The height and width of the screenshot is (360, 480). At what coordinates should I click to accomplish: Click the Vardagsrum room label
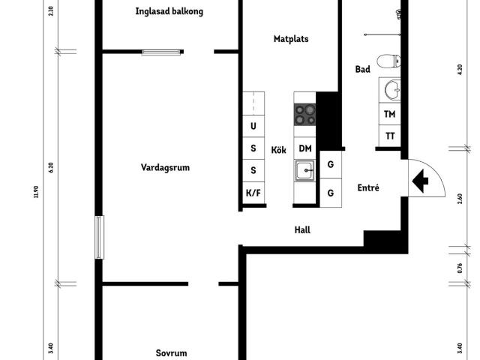165,168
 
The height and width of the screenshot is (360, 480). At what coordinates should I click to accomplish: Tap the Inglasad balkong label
169,12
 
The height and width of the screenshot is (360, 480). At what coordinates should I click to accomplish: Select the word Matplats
291,39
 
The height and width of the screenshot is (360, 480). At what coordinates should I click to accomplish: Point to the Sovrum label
171,352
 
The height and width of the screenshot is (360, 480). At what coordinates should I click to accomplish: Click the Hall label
302,230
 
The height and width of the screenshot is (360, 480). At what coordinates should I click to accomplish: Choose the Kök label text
279,150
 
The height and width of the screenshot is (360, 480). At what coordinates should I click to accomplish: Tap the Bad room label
363,69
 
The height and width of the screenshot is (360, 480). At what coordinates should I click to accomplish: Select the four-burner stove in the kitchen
304,114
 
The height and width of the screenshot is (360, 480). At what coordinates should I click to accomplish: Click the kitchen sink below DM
304,172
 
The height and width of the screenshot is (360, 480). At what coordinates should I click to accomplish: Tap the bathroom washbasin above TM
389,90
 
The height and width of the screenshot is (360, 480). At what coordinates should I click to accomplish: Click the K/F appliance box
253,193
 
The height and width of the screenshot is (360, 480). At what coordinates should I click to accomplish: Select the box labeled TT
390,136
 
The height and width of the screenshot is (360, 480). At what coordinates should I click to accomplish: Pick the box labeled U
253,126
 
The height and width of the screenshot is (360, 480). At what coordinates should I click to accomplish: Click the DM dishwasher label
305,148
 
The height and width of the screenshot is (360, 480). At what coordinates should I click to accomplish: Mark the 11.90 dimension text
34,194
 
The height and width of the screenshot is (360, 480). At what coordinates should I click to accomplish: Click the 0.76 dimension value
460,268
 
